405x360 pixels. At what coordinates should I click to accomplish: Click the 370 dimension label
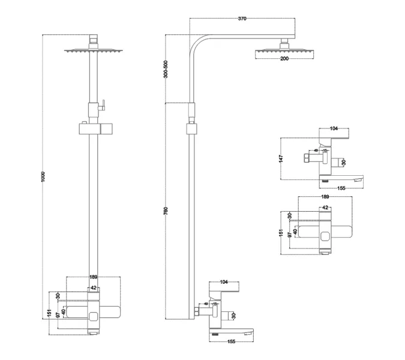click(x=242, y=19)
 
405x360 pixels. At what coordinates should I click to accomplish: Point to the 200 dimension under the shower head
click(x=284, y=59)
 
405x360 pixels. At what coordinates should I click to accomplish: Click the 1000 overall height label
click(x=43, y=178)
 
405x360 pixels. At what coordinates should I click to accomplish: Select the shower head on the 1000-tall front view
click(x=93, y=52)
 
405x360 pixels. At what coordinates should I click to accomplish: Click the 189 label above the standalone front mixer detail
click(x=325, y=196)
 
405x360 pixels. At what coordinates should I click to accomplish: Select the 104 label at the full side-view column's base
click(x=224, y=281)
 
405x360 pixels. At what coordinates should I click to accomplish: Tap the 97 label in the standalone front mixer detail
click(x=290, y=233)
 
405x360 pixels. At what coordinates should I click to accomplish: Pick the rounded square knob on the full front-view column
click(x=94, y=316)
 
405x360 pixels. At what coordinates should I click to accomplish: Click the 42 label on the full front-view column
click(x=94, y=288)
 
